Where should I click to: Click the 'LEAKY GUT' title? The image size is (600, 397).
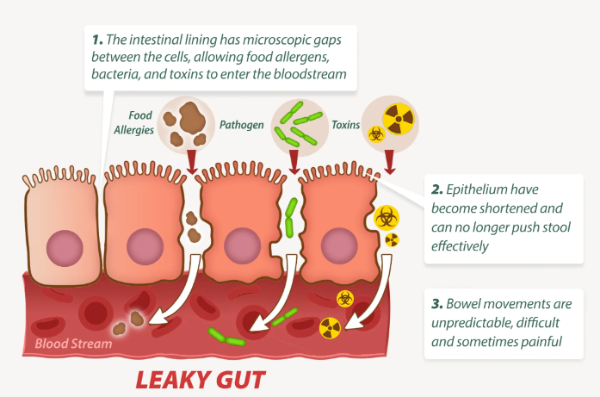[199, 378]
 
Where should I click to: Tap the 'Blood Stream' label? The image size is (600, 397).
[73, 344]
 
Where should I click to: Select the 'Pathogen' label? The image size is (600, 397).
[241, 125]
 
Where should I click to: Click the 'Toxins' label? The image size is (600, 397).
[345, 125]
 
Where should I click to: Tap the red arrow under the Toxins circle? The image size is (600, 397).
[390, 159]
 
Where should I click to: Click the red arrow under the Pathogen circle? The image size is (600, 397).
[294, 160]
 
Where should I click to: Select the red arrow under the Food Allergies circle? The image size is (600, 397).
[190, 159]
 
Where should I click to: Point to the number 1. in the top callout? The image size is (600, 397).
[98, 40]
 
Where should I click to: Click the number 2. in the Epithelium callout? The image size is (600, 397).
[437, 189]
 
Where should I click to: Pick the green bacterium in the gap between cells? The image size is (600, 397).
[290, 216]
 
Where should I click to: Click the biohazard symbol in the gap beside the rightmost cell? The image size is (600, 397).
[384, 215]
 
